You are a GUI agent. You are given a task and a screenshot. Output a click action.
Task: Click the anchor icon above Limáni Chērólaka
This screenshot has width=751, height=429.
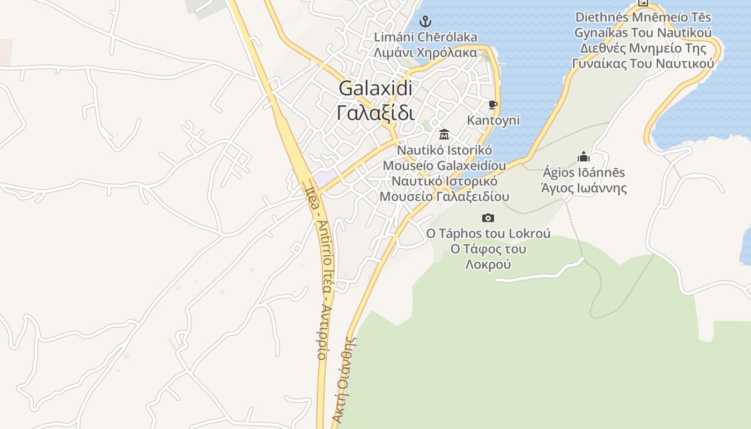tap(425, 21)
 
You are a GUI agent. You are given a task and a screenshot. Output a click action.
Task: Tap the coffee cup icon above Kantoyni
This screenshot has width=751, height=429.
tap(493, 105)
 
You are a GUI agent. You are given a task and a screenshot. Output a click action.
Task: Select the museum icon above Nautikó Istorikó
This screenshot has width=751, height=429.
tap(444, 134)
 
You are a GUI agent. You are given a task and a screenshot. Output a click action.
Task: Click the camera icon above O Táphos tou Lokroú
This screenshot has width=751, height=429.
tap(488, 218)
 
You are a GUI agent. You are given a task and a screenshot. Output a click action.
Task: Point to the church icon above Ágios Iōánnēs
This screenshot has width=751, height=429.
tap(584, 157)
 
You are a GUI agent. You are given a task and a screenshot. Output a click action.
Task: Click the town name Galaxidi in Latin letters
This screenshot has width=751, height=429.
tap(376, 88)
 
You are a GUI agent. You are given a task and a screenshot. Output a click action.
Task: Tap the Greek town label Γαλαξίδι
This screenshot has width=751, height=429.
tap(376, 113)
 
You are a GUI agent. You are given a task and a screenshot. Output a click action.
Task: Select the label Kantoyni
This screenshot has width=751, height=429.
tap(493, 120)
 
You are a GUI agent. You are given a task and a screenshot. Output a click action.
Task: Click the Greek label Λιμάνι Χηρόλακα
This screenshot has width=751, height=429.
tap(425, 53)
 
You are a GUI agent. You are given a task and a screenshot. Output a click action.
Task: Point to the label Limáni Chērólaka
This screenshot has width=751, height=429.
tap(425, 37)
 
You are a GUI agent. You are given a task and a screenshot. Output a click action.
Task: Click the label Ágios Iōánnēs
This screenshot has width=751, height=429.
tap(584, 173)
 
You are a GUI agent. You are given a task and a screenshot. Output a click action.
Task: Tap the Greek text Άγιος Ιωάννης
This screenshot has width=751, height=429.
tap(584, 188)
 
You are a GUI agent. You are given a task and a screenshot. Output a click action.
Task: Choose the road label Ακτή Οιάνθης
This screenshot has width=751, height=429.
tap(345, 381)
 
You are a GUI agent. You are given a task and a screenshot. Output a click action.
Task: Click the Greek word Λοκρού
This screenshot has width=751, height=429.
tap(488, 264)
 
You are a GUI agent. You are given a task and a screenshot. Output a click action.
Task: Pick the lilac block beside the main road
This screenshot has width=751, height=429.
tap(326, 178)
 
